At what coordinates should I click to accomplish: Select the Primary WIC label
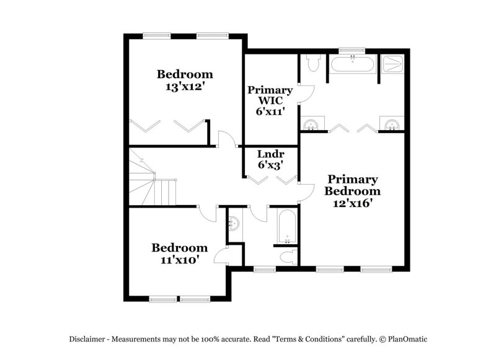coord(270,95)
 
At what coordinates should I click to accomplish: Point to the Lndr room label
coord(270,154)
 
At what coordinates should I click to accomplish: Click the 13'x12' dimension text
coord(185,87)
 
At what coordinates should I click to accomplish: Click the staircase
coord(153,183)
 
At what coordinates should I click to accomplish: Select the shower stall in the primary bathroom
coord(392,64)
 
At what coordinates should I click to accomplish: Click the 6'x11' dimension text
coord(270,112)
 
